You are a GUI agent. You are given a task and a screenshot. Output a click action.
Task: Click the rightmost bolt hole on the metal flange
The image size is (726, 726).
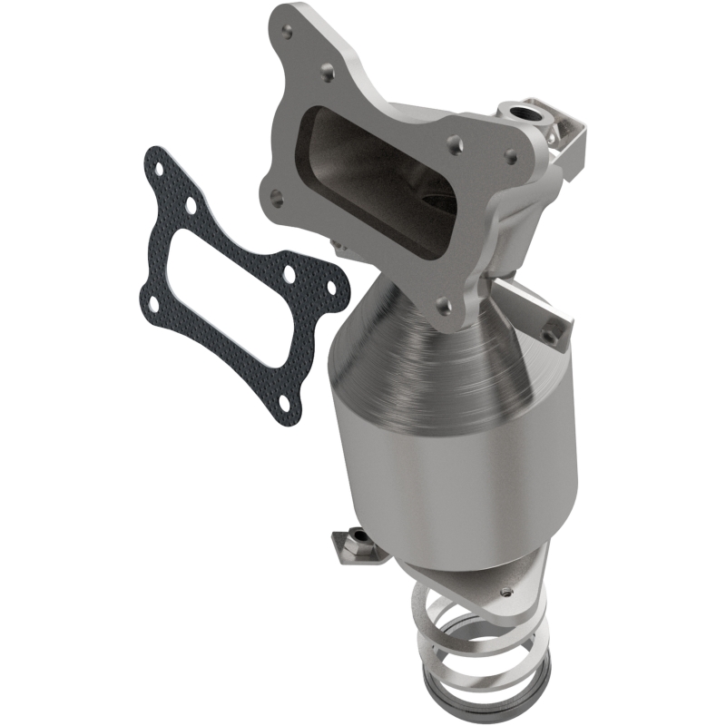(x=511, y=157)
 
